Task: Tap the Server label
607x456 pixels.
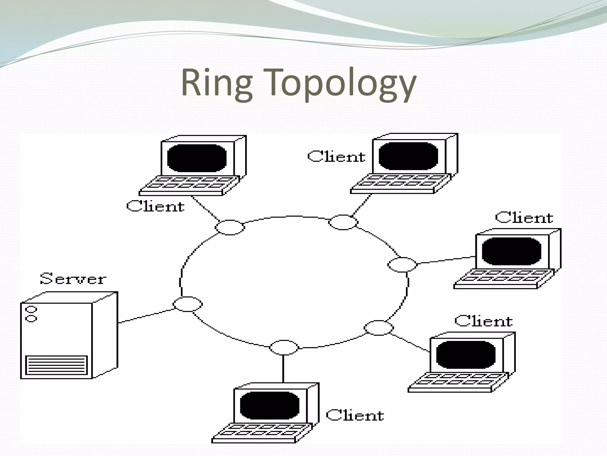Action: point(73,279)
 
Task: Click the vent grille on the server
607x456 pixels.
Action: point(57,365)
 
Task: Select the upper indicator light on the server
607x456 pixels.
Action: point(31,309)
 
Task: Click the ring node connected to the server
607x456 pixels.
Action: point(188,304)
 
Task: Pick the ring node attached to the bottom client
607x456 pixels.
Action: point(284,347)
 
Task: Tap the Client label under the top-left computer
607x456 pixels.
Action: point(155,206)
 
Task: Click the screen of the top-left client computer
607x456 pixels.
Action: point(197,158)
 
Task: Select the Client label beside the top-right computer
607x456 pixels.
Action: point(336,156)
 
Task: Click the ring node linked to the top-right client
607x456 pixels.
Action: point(343,222)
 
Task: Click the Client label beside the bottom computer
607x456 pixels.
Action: point(355,415)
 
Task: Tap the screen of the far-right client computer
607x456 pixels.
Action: point(511,251)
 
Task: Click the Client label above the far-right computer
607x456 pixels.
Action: point(524,218)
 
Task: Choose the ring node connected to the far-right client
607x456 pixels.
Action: point(402,265)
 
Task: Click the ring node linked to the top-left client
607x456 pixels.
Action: point(230,227)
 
